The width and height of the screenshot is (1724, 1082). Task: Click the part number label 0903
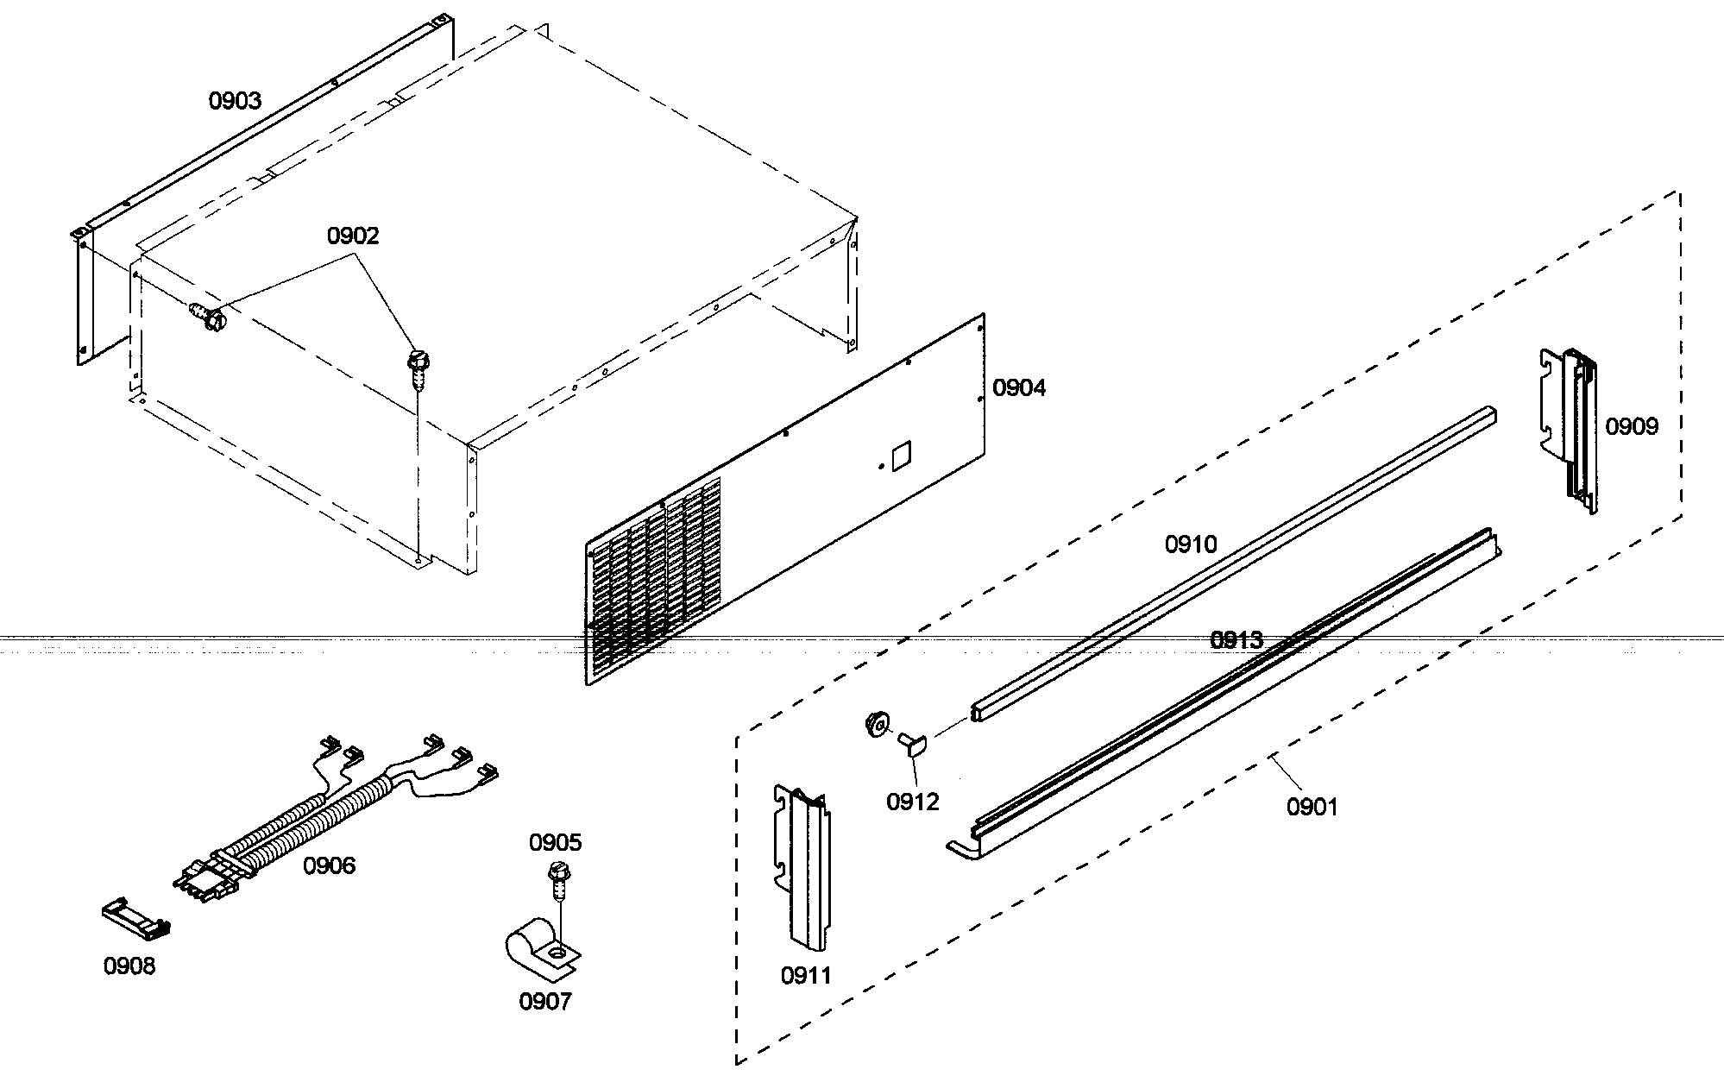click(x=235, y=101)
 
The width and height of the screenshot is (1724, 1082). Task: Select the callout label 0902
click(x=352, y=236)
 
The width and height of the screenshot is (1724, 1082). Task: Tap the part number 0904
click(x=1019, y=388)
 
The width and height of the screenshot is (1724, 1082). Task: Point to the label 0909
click(x=1632, y=426)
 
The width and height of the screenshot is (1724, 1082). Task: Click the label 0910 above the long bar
click(x=1191, y=544)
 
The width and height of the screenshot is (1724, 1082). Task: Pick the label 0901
click(x=1312, y=808)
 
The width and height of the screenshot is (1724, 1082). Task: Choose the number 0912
click(x=912, y=802)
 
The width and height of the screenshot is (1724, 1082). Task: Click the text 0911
click(x=806, y=976)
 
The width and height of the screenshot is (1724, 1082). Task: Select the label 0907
click(x=544, y=1002)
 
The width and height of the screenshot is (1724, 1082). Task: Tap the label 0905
click(x=556, y=842)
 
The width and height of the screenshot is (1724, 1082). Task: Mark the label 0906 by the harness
click(x=329, y=865)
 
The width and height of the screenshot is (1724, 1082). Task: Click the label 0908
click(x=129, y=966)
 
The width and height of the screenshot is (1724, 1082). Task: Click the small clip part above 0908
click(x=135, y=920)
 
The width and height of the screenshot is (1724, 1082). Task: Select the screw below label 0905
click(x=557, y=879)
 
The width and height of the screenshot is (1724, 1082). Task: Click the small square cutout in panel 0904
click(x=901, y=456)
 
